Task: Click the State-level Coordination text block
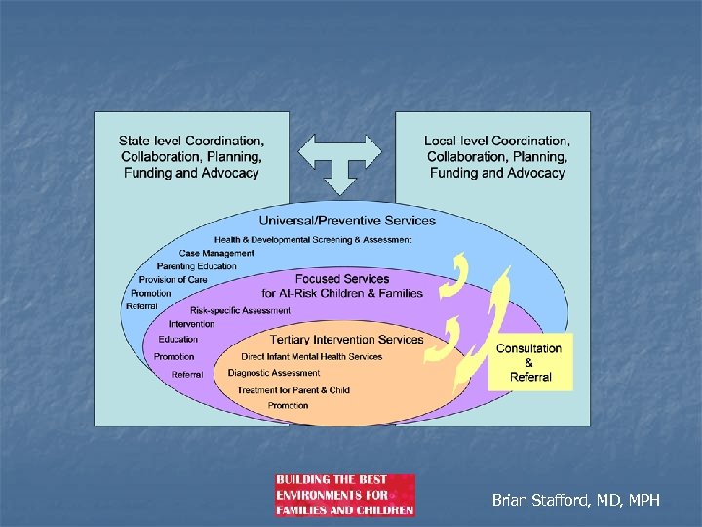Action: [191, 157]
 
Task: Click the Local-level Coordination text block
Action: [496, 157]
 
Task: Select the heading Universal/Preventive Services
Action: [347, 221]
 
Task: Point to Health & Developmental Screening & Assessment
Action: [313, 239]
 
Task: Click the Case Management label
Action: [216, 253]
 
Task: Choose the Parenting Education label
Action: [196, 266]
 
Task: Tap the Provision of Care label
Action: [173, 280]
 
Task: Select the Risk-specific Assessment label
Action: [240, 310]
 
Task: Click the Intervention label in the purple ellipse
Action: [191, 324]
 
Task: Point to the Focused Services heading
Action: [342, 285]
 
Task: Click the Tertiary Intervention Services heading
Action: [347, 340]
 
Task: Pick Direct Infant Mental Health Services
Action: [312, 356]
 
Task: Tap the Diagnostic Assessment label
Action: [274, 373]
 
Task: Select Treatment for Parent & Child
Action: [293, 390]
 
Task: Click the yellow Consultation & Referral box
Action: [529, 362]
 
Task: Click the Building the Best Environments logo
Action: [345, 496]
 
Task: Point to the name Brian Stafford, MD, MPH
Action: [576, 500]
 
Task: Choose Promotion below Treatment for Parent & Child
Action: [288, 405]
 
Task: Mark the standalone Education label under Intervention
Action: [177, 340]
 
